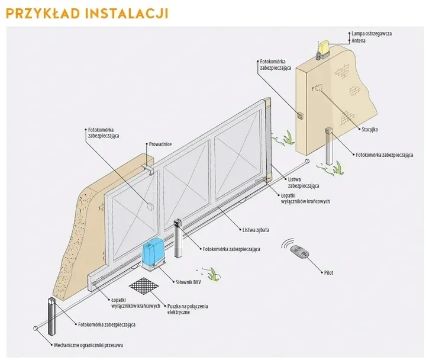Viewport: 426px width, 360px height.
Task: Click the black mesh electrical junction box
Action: pos(144,287)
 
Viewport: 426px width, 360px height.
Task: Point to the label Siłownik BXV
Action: pos(189,282)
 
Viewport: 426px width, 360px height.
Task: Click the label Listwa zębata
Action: pos(256,230)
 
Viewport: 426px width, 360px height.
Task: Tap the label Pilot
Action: pos(328,273)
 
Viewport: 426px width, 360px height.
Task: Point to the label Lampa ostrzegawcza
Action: pos(371,34)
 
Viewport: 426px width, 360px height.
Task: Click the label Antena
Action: pos(359,40)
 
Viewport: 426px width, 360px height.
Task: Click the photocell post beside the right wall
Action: pos(328,144)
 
